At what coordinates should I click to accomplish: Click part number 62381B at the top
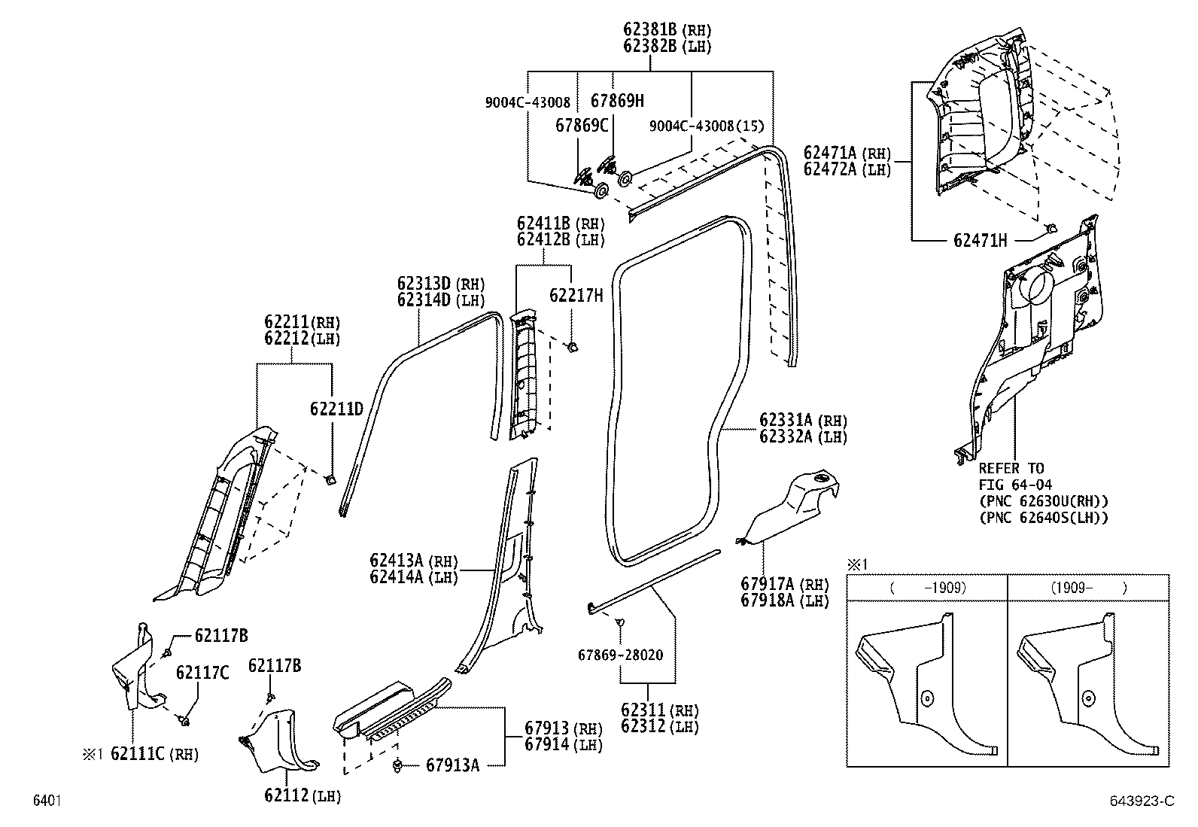652,30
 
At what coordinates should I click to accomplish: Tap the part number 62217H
576,295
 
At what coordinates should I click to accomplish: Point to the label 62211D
336,409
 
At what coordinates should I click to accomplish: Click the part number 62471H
980,241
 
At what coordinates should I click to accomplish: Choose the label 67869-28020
620,655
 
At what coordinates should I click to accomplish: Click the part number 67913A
452,765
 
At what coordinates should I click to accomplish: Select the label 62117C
202,672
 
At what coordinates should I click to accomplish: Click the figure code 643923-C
1141,801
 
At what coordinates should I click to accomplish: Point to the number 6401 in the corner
46,801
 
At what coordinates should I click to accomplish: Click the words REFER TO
1011,468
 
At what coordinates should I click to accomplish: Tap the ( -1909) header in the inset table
928,588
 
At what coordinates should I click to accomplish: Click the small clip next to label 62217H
572,347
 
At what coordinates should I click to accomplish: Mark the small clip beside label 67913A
396,766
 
